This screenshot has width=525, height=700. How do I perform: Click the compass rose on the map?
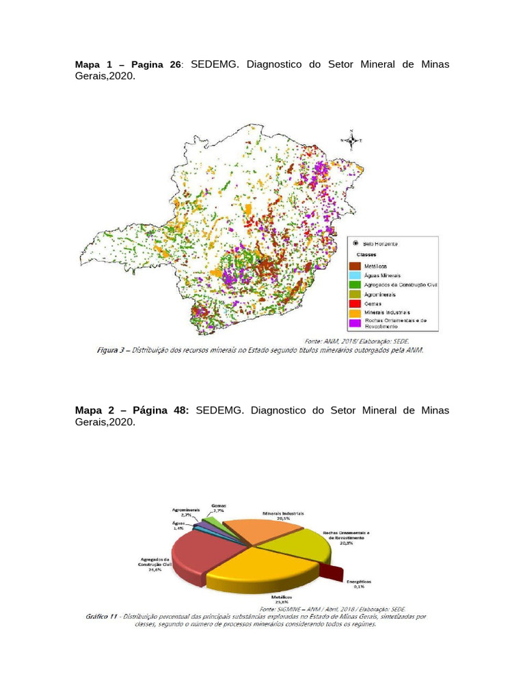pos(351,141)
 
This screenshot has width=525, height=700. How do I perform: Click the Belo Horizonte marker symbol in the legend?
pos(355,243)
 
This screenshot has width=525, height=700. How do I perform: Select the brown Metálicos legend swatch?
pos(355,265)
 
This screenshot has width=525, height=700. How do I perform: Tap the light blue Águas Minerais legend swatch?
pos(355,275)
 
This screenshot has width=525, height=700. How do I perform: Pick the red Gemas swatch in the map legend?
pos(355,303)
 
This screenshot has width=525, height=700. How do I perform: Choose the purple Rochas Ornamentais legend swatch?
pos(355,322)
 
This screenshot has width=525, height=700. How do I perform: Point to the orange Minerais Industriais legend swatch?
pos(355,312)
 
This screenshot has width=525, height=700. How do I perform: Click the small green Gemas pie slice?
pos(214,523)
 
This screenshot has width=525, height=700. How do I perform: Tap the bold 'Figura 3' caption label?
pos(109,350)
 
